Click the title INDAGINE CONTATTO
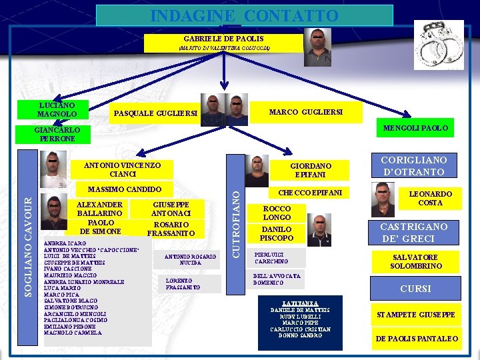[x=244, y=15]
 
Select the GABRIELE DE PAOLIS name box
[x=223, y=43]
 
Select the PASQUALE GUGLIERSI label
[x=156, y=114]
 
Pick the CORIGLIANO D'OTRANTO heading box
[x=413, y=165]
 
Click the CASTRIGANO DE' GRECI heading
[x=413, y=233]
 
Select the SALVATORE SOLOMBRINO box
[x=414, y=261]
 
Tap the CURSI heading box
[x=415, y=289]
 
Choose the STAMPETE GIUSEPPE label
[x=415, y=314]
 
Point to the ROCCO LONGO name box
[x=277, y=213]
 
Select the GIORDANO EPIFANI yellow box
[x=310, y=170]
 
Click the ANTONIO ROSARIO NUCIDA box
[x=190, y=259]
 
